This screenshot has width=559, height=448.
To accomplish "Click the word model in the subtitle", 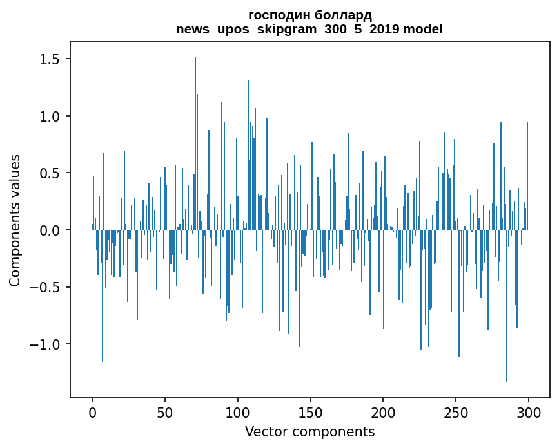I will (x=422, y=29).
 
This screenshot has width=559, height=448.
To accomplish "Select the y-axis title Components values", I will (x=15, y=220).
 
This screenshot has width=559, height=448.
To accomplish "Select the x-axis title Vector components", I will (x=309, y=432).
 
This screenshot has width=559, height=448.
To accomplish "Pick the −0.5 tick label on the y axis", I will (x=45, y=287).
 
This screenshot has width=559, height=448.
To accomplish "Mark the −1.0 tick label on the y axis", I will (x=45, y=344).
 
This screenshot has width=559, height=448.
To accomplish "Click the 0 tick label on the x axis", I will (x=92, y=411).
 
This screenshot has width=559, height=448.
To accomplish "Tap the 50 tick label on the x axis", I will (x=165, y=411).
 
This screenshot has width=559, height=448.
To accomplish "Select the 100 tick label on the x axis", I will (x=238, y=411).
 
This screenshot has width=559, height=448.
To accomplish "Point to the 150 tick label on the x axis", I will (x=310, y=411).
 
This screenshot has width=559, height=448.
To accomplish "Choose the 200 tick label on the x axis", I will (x=383, y=411).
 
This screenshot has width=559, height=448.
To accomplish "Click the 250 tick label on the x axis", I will (x=456, y=411).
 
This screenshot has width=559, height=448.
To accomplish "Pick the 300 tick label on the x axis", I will (x=529, y=411).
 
